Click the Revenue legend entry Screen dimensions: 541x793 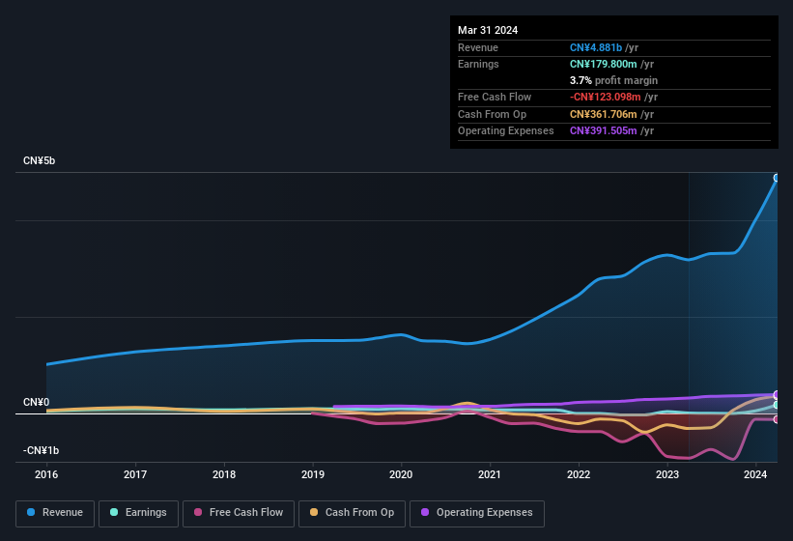click(x=55, y=512)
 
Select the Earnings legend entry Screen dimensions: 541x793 click(x=138, y=512)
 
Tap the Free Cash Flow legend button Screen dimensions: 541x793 click(x=239, y=512)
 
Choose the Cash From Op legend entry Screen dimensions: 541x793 click(x=352, y=512)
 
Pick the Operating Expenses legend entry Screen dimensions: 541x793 click(x=476, y=512)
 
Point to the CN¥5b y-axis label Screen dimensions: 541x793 click(x=40, y=160)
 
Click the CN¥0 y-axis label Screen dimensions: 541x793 click(x=37, y=402)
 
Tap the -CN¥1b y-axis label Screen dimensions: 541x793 click(x=42, y=450)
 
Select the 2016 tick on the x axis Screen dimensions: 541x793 click(x=46, y=474)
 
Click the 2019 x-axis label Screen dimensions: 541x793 click(x=312, y=474)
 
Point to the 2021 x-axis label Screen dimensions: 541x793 click(x=490, y=474)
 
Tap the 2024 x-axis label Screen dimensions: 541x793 click(x=755, y=474)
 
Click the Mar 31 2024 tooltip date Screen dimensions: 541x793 click(x=488, y=30)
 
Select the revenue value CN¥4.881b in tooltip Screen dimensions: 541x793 click(x=596, y=47)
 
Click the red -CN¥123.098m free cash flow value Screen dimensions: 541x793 click(x=606, y=97)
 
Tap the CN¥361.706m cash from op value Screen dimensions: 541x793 click(x=603, y=114)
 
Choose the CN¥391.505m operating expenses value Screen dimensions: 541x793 click(x=603, y=130)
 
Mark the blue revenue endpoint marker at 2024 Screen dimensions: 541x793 click(x=777, y=178)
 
